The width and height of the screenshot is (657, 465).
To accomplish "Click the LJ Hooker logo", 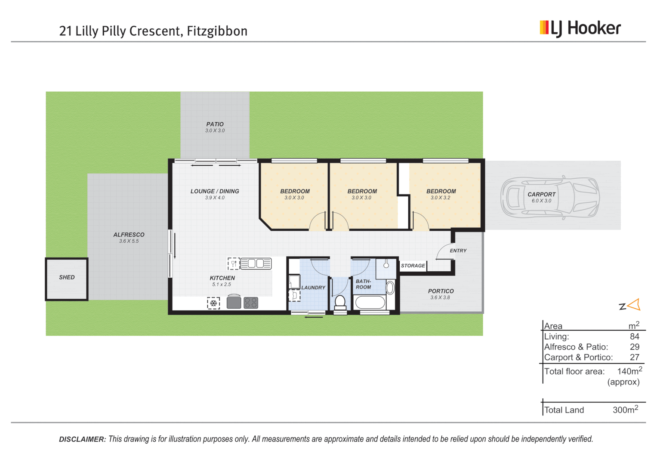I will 580,28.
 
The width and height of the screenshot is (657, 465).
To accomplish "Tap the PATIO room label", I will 215,124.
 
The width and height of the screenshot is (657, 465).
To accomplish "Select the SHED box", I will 67,279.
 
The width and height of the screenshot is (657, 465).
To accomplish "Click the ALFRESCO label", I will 129,235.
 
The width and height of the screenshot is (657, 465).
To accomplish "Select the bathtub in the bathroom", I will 370,302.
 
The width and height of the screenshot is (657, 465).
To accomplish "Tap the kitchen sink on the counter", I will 256,263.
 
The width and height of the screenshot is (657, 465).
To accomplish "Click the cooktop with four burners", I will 251,303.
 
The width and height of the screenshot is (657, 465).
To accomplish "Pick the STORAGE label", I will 413,266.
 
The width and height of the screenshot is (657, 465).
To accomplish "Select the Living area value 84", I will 634,337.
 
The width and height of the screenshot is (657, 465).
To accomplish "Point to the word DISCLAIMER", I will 82,439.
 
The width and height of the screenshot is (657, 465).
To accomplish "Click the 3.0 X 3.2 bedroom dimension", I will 440,198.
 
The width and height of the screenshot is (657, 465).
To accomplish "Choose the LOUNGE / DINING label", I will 215,191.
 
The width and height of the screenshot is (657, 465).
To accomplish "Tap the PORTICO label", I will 441,291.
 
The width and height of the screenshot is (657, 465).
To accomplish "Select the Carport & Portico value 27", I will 634,357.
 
